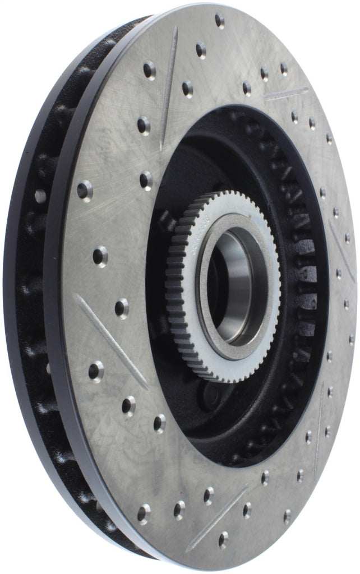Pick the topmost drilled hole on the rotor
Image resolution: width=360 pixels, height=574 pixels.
(219, 21)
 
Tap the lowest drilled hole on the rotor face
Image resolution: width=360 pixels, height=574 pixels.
(223, 539)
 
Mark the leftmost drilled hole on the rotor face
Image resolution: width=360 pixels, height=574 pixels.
(85, 191)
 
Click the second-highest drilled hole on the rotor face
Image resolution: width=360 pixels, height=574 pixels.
(201, 50)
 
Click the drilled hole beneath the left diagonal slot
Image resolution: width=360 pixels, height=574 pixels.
(96, 372)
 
